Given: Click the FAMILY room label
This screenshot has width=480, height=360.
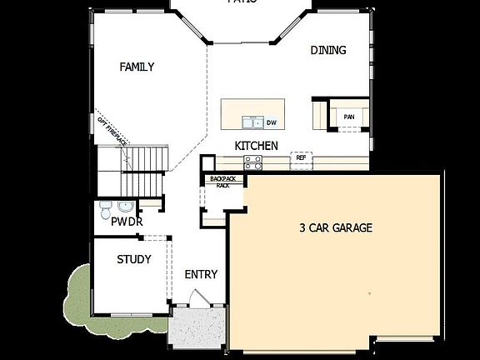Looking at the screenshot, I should click(x=137, y=67).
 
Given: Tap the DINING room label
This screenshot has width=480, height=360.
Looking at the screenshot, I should click(x=328, y=50).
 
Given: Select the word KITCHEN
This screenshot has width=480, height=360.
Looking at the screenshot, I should click(x=256, y=146).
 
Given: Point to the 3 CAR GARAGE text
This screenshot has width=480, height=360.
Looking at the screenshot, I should click(x=336, y=227).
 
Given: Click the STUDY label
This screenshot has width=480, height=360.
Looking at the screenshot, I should click(x=133, y=259).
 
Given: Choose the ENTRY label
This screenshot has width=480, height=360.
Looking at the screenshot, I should click(x=201, y=274).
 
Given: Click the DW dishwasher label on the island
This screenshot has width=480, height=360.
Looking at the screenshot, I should click(x=272, y=122).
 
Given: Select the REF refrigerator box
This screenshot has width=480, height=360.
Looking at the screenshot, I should click(x=301, y=157).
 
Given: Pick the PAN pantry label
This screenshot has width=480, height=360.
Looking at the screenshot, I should click(x=348, y=117).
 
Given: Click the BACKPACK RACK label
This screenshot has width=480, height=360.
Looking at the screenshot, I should click(x=223, y=182).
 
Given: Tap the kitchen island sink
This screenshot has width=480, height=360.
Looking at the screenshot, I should click(x=253, y=122).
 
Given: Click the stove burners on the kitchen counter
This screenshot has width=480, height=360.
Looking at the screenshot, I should click(x=257, y=162).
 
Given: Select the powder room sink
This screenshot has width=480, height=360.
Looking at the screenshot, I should click(x=125, y=206).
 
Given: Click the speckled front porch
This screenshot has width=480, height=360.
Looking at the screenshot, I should click(x=197, y=329).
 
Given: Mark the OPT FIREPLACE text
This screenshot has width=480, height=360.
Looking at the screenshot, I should click(x=111, y=128).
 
